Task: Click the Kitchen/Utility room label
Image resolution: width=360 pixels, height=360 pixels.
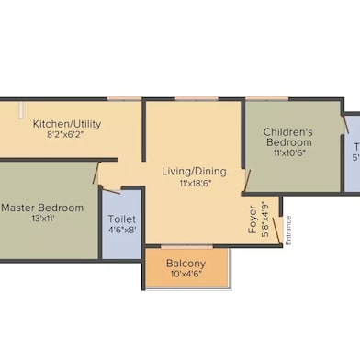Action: [67, 123]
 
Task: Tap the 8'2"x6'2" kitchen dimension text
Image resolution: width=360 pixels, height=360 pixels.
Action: [67, 134]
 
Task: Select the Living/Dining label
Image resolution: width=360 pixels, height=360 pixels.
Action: [193, 171]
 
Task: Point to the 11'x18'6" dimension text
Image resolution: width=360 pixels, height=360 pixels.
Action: [193, 183]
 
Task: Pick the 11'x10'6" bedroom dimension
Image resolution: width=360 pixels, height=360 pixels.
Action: [288, 153]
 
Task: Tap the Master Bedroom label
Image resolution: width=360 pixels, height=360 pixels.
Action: [42, 208]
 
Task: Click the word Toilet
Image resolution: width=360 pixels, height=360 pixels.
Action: [122, 219]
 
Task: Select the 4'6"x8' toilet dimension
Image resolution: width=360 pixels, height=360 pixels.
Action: [122, 231]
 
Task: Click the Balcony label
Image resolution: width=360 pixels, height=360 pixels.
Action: [186, 264]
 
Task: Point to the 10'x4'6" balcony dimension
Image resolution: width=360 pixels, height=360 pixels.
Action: [186, 275]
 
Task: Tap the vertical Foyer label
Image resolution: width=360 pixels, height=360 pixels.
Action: [253, 224]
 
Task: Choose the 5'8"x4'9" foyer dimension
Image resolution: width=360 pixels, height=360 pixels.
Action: [265, 219]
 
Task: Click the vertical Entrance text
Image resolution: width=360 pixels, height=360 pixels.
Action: [287, 229]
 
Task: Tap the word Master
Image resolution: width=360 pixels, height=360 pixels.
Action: [18, 208]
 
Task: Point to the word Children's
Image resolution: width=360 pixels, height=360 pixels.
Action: [288, 131]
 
